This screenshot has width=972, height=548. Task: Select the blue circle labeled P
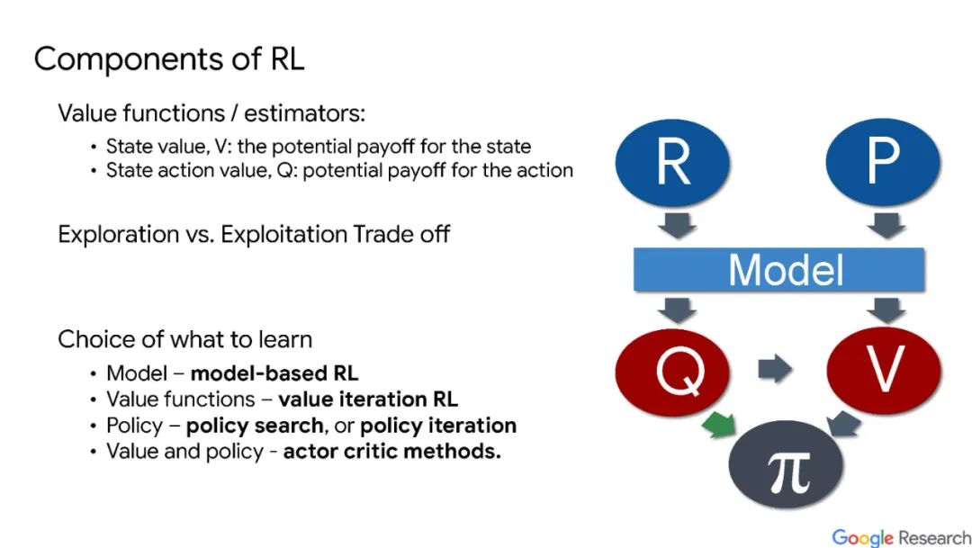[882, 162]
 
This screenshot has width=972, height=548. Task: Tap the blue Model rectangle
[779, 269]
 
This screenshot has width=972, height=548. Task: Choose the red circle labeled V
[882, 370]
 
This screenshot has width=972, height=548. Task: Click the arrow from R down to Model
[676, 225]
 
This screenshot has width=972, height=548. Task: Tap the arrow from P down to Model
[887, 225]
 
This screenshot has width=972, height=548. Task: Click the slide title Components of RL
[169, 59]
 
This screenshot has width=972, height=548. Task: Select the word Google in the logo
[863, 537]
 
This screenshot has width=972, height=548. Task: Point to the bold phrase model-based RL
[274, 373]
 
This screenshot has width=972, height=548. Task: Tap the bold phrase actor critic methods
[391, 452]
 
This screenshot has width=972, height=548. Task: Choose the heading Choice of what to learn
[184, 339]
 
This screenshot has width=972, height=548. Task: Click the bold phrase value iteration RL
[368, 400]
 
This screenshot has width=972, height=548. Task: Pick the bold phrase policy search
[255, 426]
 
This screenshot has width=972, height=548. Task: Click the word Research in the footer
[935, 537]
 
